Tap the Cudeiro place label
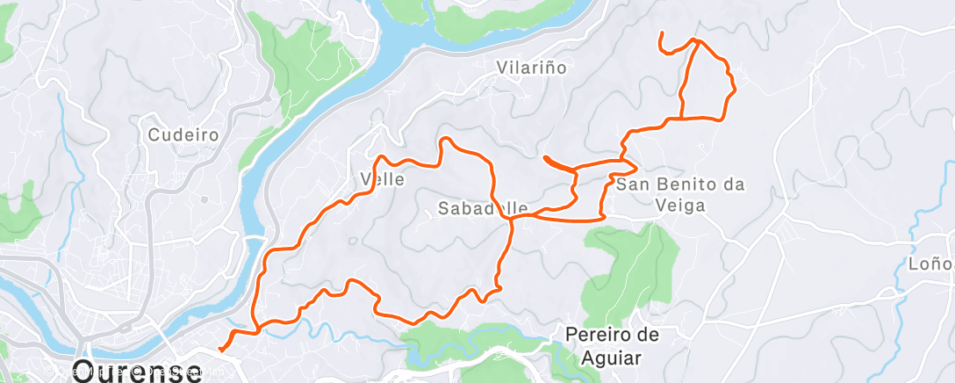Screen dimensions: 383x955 (183, 135)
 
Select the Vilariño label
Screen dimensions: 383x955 (531, 67)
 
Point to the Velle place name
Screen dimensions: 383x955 (383, 179)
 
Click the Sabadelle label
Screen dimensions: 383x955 (478, 208)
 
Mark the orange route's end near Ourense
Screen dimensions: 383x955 (219, 349)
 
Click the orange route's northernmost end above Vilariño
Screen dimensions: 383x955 (660, 34)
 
